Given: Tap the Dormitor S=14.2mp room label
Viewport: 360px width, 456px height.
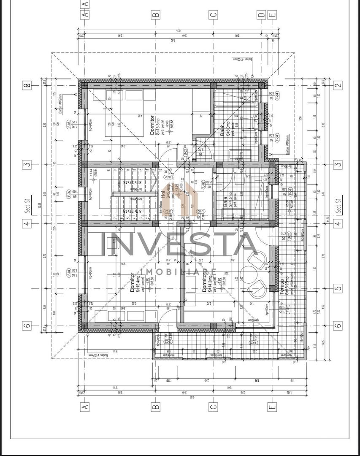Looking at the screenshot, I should (x=206, y=282).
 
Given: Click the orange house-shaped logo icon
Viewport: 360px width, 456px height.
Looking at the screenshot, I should (x=178, y=198).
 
